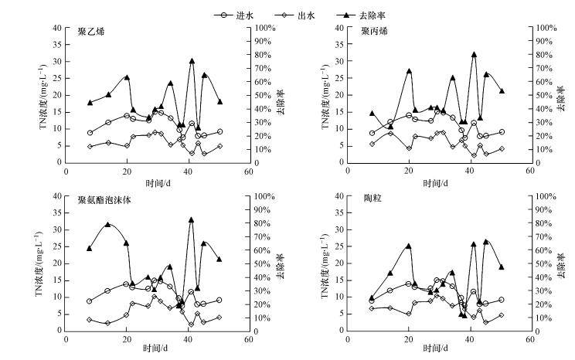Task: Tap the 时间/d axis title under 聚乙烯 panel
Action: pyautogui.click(x=158, y=183)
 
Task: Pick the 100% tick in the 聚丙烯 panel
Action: pyautogui.click(x=546, y=28)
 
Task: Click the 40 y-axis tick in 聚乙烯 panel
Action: pyautogui.click(x=56, y=28)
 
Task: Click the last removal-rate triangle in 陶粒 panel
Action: pyautogui.click(x=501, y=267)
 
